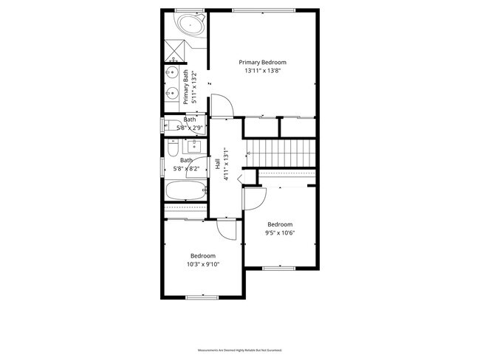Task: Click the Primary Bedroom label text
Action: (262, 63)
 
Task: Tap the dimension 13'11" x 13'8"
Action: (262, 72)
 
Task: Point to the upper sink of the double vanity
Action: (172, 74)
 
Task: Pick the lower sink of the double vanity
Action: (172, 94)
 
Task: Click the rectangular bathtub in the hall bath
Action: (185, 191)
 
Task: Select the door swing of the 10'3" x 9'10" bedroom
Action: (227, 229)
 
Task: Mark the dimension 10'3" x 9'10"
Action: (202, 264)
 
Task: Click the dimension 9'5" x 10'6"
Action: (280, 233)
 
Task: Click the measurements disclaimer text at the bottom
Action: (240, 350)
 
